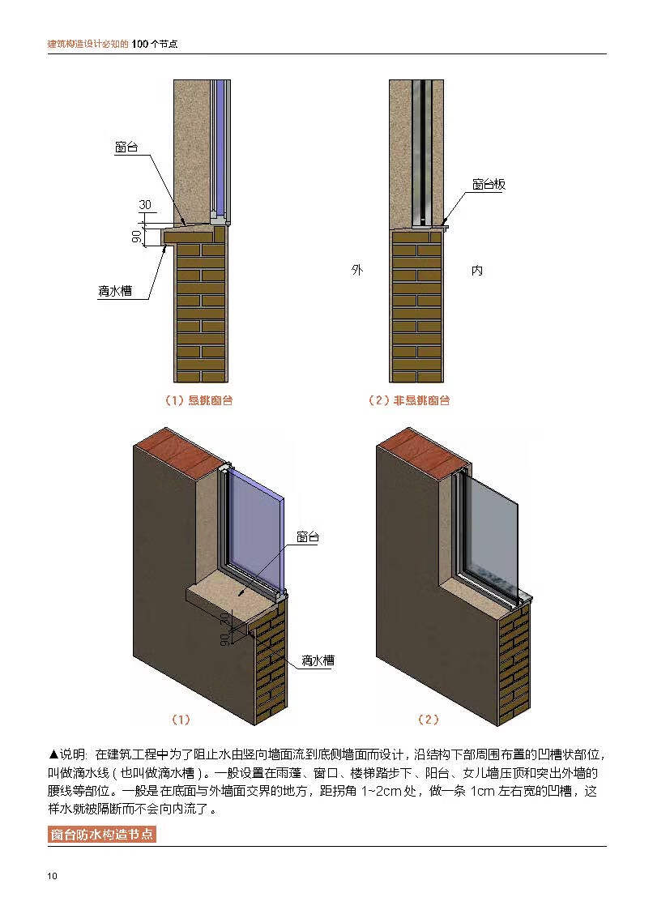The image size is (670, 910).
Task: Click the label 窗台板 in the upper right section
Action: [489, 185]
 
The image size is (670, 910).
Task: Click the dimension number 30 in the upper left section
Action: [146, 205]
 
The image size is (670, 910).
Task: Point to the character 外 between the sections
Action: [357, 271]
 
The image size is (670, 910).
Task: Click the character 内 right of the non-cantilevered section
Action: [477, 271]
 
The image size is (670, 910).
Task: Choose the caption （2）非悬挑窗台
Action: [409, 400]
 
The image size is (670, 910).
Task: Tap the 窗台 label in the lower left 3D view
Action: [307, 536]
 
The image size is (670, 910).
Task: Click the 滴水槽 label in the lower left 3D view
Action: [318, 660]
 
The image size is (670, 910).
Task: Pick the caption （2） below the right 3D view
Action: [428, 720]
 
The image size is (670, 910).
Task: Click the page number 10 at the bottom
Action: [53, 876]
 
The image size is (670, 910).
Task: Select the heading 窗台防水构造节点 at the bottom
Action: [101, 835]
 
